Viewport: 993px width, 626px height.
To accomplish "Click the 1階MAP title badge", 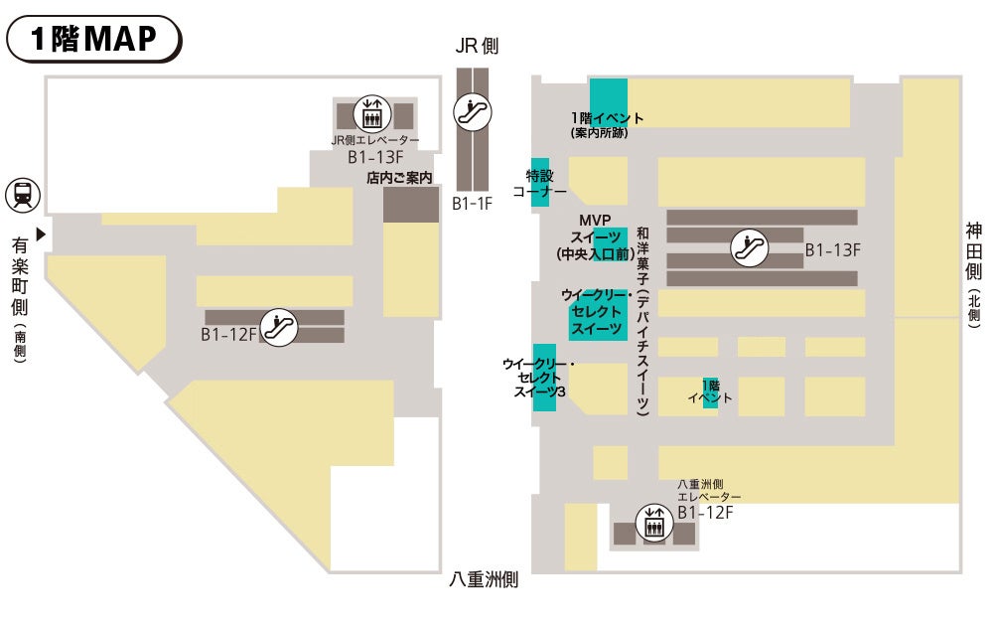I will click(94, 39).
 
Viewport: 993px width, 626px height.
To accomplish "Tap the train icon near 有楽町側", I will click(22, 195).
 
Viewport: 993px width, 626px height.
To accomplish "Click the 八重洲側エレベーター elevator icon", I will click(653, 525).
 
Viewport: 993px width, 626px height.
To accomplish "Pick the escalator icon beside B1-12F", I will click(281, 326).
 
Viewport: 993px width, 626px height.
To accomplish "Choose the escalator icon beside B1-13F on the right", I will click(749, 247).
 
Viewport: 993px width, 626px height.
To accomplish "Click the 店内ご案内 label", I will click(400, 179).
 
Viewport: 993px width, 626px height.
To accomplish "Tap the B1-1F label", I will click(472, 204).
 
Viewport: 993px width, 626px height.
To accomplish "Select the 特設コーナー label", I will click(538, 183).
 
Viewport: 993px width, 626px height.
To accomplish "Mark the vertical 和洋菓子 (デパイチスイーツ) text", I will click(642, 318).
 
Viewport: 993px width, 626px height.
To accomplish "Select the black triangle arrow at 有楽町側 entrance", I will click(41, 235).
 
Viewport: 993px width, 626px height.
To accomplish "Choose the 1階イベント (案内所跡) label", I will click(607, 124).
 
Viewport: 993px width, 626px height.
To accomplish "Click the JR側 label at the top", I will click(477, 46).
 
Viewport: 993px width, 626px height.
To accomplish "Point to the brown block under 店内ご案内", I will click(410, 205).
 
